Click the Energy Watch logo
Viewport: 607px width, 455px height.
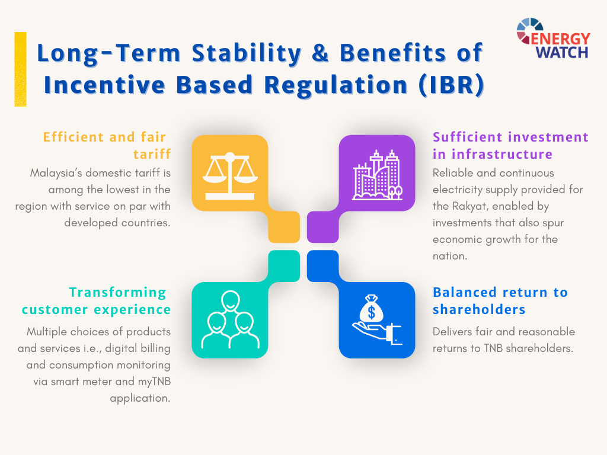553,39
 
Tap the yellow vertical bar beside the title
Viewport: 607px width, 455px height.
21,69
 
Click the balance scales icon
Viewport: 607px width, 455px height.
230,176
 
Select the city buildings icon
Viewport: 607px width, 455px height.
377,175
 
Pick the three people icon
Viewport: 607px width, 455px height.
230,319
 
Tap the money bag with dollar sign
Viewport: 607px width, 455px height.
372,309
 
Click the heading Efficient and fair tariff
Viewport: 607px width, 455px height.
107,146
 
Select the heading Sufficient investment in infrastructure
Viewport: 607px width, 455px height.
510,146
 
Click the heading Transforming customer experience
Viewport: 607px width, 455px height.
96,300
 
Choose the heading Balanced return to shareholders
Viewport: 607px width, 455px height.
500,300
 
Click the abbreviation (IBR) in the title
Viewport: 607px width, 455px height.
451,85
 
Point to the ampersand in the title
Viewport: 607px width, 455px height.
320,53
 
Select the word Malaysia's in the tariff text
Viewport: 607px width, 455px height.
56,173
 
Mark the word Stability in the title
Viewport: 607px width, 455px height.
247,53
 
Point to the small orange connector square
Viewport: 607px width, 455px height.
284,227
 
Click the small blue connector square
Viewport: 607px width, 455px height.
323,266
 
